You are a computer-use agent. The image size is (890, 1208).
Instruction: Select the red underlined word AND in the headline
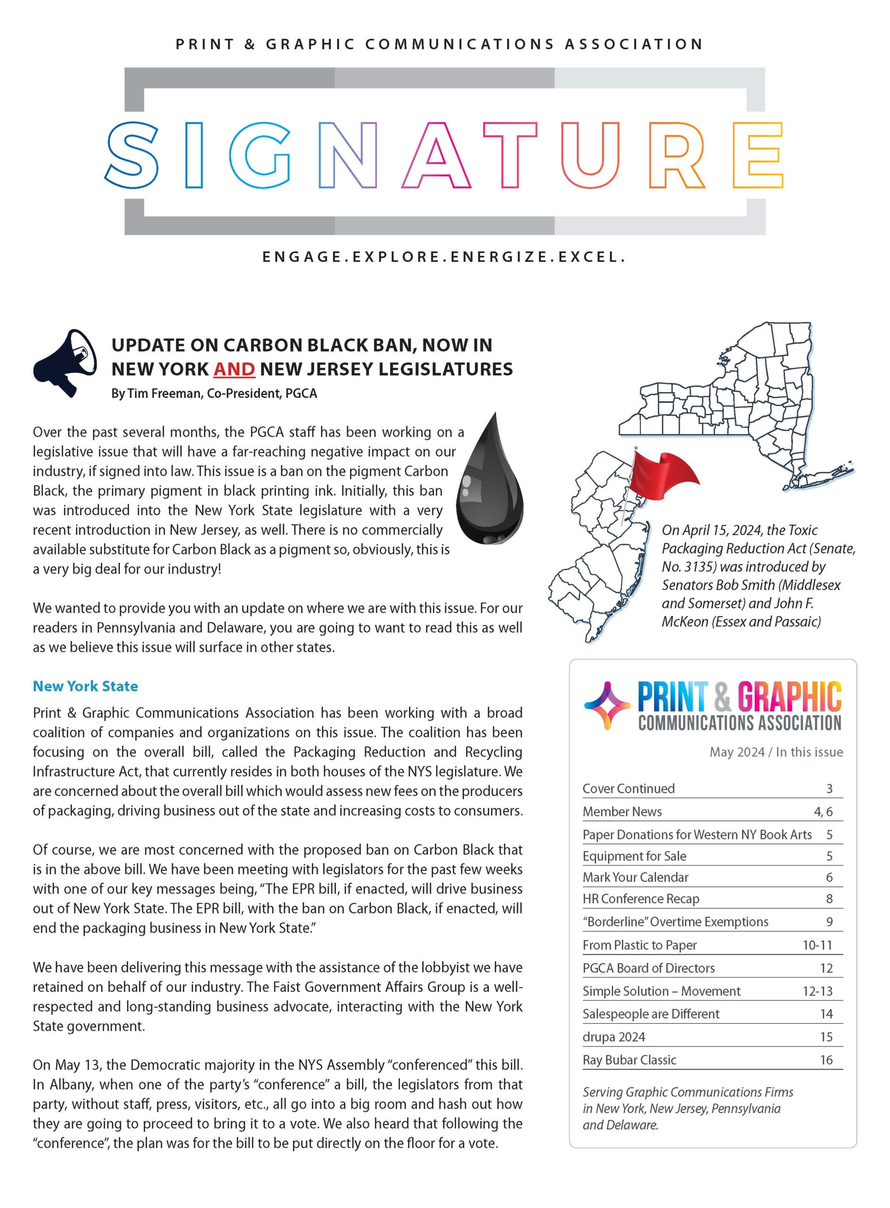234,369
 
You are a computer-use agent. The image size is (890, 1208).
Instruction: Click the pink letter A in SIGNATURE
436,155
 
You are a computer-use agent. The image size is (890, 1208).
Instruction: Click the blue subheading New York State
85,686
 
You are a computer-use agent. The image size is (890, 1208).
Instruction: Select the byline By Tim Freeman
214,394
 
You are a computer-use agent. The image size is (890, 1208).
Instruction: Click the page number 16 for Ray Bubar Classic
826,1060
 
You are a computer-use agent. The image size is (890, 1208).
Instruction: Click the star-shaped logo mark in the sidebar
607,705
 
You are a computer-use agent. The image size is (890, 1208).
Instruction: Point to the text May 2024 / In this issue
776,752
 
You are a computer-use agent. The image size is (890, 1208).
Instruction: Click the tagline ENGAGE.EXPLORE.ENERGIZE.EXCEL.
444,257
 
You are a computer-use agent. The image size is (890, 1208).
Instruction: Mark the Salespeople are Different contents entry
650,1014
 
